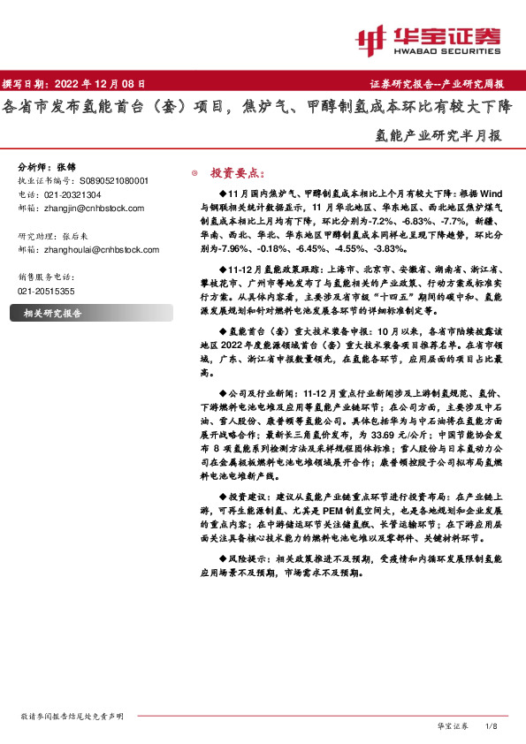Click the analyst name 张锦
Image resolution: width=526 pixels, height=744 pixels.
coord(66,167)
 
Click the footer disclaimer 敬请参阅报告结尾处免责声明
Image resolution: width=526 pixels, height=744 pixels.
coord(72,716)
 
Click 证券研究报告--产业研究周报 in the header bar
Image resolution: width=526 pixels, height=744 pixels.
coord(435,84)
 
